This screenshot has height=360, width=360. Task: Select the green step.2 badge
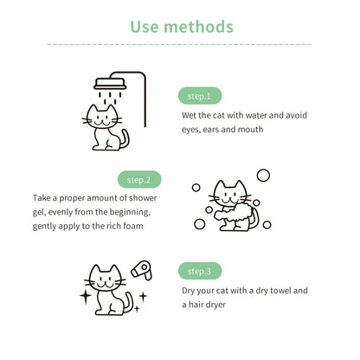coord(139,180)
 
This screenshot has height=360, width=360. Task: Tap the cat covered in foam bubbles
coord(228,206)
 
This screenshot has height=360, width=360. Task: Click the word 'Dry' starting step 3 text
coord(190,291)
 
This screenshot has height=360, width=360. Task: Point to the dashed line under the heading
coord(179,43)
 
